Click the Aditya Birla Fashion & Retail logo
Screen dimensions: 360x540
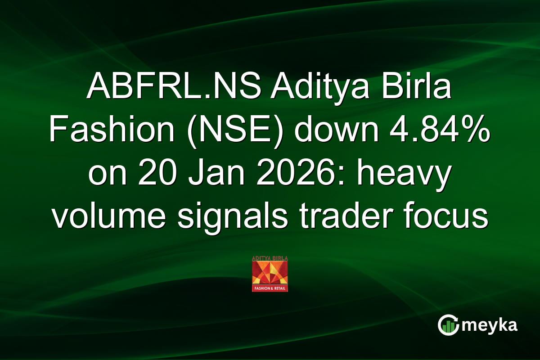coord(270,274)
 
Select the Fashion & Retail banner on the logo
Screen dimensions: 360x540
coord(270,288)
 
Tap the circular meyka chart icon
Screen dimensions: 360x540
coord(448,325)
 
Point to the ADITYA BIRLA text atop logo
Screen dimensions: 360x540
coord(270,258)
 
